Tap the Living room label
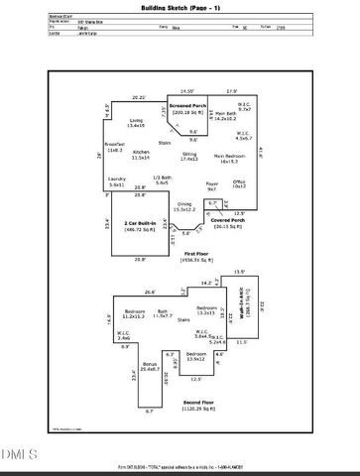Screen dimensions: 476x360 point(135,123)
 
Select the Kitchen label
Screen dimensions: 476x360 point(141,155)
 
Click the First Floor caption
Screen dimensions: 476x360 point(182,270)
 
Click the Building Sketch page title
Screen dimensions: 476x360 point(180,7)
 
